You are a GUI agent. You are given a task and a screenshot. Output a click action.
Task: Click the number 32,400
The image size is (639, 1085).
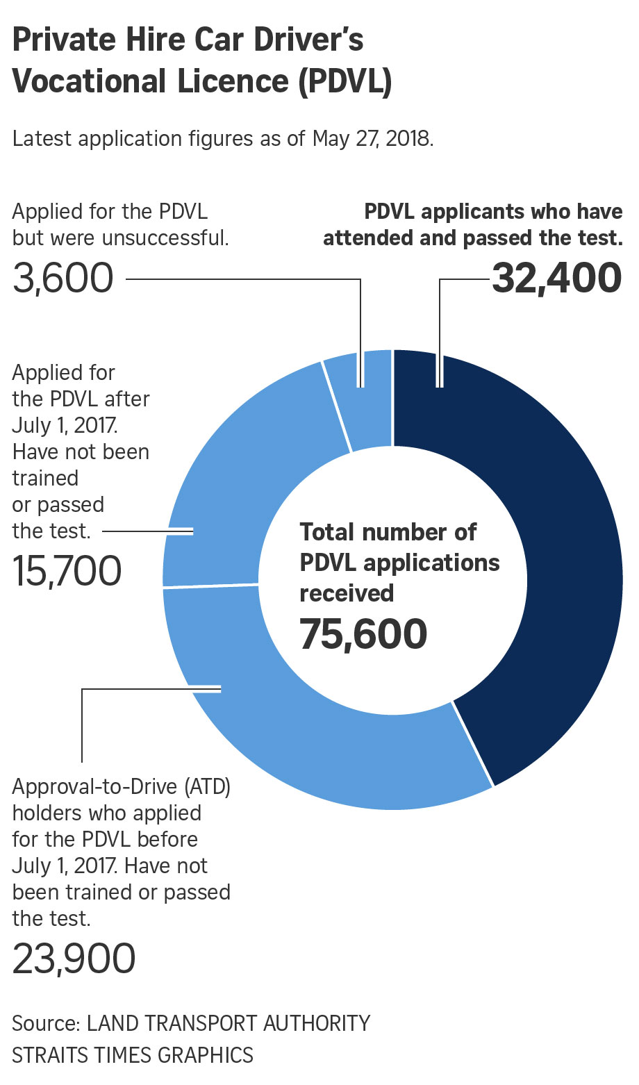[556, 279]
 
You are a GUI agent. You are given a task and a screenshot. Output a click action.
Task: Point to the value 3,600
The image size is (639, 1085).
[63, 279]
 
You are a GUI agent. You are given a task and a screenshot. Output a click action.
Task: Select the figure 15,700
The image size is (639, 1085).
[67, 571]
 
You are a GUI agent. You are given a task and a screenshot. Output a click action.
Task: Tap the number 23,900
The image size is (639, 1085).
[74, 959]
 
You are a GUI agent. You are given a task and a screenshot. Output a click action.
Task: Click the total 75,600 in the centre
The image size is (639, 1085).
[363, 634]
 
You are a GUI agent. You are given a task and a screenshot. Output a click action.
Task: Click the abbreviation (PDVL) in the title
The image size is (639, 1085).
[345, 81]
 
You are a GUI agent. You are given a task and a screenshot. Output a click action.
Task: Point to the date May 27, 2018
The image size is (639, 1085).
[372, 138]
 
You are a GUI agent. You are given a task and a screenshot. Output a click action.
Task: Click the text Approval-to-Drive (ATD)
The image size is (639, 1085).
[121, 787]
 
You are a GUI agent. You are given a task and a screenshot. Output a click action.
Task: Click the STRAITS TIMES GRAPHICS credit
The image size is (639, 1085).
[133, 1055]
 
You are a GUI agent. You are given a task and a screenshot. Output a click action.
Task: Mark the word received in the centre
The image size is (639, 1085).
[347, 593]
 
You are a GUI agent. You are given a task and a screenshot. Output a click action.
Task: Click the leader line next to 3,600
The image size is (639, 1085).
[243, 279]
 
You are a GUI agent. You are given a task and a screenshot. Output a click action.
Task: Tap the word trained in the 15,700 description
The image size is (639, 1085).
[45, 479]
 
